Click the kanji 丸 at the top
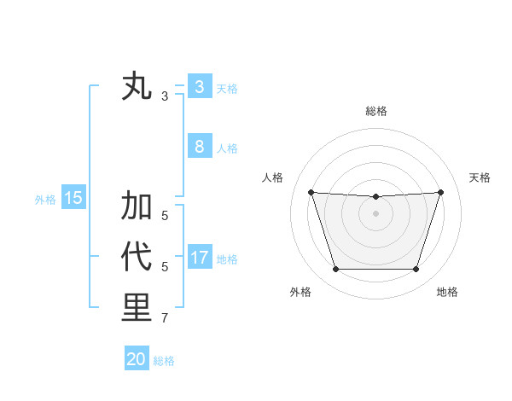(137, 87)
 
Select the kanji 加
(137, 206)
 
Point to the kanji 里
(137, 307)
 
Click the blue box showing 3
(199, 86)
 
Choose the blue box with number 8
(199, 146)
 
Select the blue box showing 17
(199, 257)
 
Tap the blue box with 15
(73, 198)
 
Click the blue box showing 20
(136, 359)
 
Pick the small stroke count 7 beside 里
(165, 319)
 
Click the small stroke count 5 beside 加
(165, 217)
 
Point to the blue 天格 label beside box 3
(227, 88)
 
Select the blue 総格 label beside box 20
(164, 361)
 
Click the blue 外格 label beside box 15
(45, 200)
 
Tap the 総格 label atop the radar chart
(375, 111)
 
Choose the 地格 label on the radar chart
(447, 292)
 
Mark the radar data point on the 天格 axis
(440, 192)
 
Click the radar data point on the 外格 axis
(335, 270)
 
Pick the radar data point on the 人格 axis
(311, 192)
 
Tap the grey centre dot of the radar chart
(375, 213)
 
